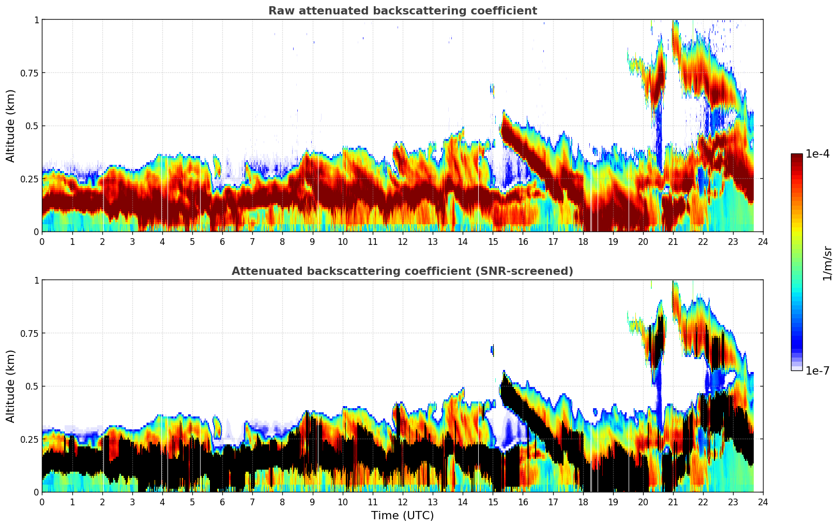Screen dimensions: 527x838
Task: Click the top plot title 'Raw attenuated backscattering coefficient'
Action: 402,11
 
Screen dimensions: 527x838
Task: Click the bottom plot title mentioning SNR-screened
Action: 402,271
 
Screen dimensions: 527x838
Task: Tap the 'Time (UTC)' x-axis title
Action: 402,516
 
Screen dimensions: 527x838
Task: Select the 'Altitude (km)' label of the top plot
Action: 11,126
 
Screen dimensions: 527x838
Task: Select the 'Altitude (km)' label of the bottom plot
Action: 11,386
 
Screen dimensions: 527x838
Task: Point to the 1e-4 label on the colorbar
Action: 817,154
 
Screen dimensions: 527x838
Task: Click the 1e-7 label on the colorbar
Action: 817,371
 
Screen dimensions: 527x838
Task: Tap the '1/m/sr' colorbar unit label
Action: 827,263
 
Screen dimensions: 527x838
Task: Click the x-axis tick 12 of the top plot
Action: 403,241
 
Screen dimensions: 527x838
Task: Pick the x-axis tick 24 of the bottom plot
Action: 763,502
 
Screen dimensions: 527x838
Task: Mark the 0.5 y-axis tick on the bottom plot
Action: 32,386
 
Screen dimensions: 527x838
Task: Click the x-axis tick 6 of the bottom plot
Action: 222,502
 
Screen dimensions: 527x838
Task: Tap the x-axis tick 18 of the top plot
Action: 583,241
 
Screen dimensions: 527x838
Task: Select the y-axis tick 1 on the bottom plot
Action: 36,280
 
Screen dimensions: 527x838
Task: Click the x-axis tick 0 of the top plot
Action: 42,241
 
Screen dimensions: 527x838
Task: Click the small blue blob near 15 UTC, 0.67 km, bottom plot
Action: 492,350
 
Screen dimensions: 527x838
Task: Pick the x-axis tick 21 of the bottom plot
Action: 673,502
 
